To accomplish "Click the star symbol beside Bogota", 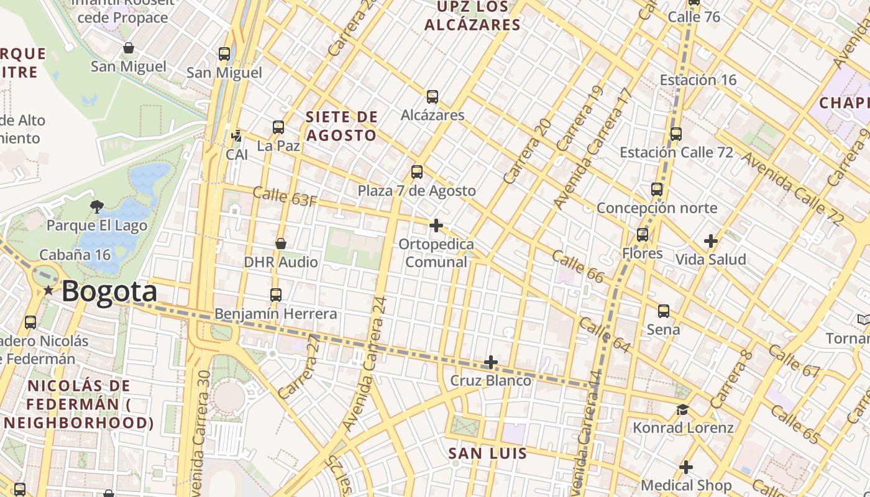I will tap(48, 290).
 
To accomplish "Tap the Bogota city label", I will tap(109, 291).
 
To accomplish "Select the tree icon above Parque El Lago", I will tap(96, 206).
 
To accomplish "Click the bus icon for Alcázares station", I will tap(433, 97).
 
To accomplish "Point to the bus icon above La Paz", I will tap(278, 127).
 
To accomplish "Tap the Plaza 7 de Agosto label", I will tap(416, 191).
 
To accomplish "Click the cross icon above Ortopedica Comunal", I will tap(436, 225).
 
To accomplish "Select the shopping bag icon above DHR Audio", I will tap(281, 244).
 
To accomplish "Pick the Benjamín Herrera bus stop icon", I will tap(276, 295).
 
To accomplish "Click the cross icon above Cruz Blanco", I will tap(491, 362).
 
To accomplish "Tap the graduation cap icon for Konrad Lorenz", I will tap(683, 409).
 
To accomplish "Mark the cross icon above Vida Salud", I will tap(711, 241).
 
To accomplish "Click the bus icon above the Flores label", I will tap(643, 235).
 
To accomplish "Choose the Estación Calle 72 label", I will tap(676, 152).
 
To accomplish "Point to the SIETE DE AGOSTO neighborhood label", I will tap(341, 126).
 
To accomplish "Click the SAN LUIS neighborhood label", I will tap(488, 454).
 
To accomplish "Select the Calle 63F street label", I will tap(285, 197).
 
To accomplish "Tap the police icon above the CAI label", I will tap(236, 135).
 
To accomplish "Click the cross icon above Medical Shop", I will tap(686, 467).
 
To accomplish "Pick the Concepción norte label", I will tap(657, 208).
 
